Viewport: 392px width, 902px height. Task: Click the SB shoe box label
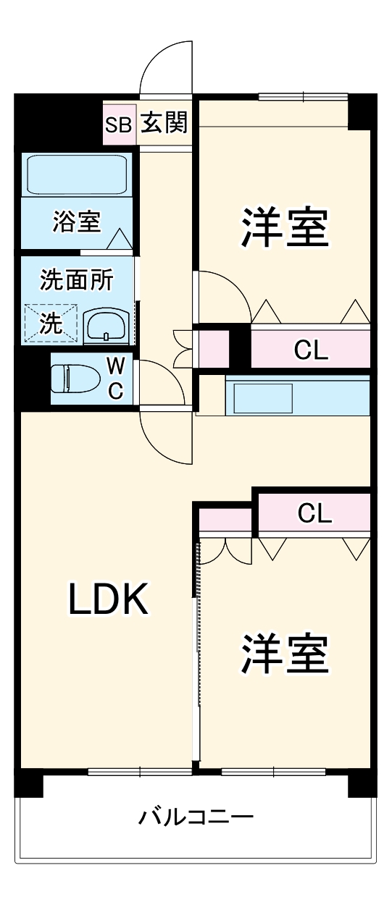(x=118, y=124)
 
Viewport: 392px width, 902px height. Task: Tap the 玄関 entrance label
(x=164, y=124)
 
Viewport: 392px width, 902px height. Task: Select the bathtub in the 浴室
(x=77, y=174)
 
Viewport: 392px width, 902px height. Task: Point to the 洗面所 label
(x=76, y=279)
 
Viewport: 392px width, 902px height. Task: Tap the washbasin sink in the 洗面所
(x=107, y=327)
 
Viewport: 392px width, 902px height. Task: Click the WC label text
(x=115, y=378)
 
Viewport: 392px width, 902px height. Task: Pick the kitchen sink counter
(x=297, y=395)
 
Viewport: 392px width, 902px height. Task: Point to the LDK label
(x=109, y=599)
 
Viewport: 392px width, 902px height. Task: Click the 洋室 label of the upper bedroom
(x=285, y=229)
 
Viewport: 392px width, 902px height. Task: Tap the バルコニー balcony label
(x=196, y=819)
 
